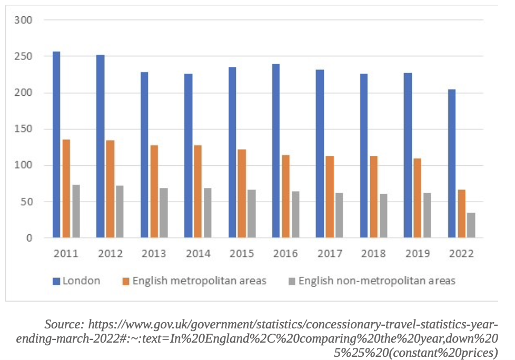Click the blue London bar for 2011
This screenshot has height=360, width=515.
pyautogui.click(x=56, y=145)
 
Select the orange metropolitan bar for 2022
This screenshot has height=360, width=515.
pyautogui.click(x=462, y=214)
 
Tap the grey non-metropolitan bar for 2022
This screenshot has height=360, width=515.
pyautogui.click(x=471, y=225)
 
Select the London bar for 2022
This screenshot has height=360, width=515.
pyautogui.click(x=452, y=164)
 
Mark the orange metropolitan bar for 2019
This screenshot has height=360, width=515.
pyautogui.click(x=418, y=198)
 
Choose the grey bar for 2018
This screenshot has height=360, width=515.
pyautogui.click(x=383, y=216)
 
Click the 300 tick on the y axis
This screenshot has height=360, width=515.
pyautogui.click(x=24, y=20)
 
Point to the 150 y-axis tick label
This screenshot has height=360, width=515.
pyautogui.click(x=24, y=129)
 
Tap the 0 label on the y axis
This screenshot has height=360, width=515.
pyautogui.click(x=29, y=238)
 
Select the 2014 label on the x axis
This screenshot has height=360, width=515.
pyautogui.click(x=198, y=254)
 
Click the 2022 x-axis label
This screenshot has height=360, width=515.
pyautogui.click(x=461, y=254)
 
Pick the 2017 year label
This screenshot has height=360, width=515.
pyautogui.click(x=330, y=254)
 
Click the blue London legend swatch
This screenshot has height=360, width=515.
pyautogui.click(x=56, y=281)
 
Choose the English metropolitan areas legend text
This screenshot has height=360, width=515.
pyautogui.click(x=199, y=281)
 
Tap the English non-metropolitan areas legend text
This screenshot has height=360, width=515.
pyautogui.click(x=377, y=281)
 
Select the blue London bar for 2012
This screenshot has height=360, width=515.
pyautogui.click(x=100, y=146)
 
